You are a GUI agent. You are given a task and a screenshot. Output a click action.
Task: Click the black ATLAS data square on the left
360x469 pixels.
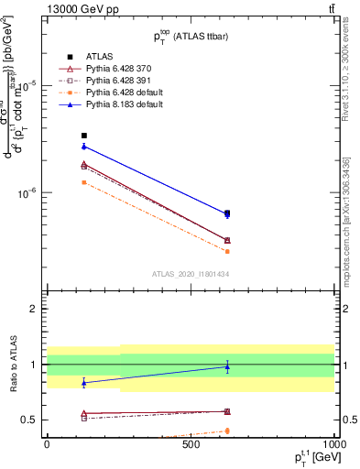tap(84, 136)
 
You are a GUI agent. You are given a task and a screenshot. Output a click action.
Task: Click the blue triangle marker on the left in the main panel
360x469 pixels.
tap(84, 147)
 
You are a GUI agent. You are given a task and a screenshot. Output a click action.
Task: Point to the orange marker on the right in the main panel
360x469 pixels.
tap(227, 251)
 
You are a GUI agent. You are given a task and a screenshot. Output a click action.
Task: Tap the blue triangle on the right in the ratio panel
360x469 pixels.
tap(227, 366)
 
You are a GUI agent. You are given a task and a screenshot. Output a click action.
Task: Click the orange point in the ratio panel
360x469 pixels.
tap(227, 431)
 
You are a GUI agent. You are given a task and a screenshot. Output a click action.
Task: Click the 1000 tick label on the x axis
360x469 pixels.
tap(333, 444)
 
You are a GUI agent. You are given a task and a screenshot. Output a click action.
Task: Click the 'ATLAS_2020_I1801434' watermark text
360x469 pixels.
tap(190, 274)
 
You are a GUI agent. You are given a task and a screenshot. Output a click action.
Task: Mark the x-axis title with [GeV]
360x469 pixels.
tap(308, 458)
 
